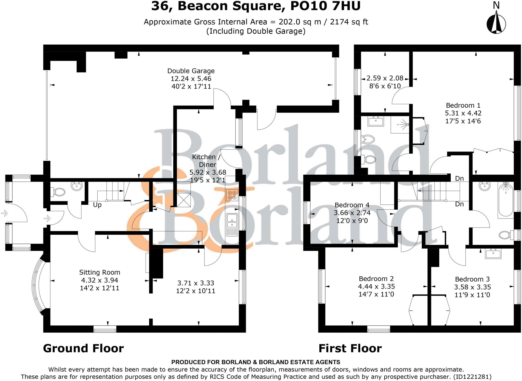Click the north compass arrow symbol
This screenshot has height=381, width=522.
pos(496,24)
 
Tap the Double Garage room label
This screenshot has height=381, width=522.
pos(191,71)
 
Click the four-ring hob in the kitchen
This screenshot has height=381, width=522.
pos(232,195)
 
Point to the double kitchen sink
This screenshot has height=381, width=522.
pos(232,221)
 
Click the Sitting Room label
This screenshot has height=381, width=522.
pos(99,272)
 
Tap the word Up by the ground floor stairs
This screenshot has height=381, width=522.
pos(97,205)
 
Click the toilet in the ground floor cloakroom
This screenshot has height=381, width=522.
pos(58,192)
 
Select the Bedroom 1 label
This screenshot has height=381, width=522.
pos(463,105)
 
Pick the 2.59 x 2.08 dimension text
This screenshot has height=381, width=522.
pos(385,78)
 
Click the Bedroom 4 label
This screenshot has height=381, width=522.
pos(352,205)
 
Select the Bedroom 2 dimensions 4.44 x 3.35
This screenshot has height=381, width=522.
pos(376,286)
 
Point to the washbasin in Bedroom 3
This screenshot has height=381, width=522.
pos(493,253)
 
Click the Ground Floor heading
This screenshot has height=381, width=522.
pos(83,348)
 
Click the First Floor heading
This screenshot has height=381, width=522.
pos(350,348)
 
